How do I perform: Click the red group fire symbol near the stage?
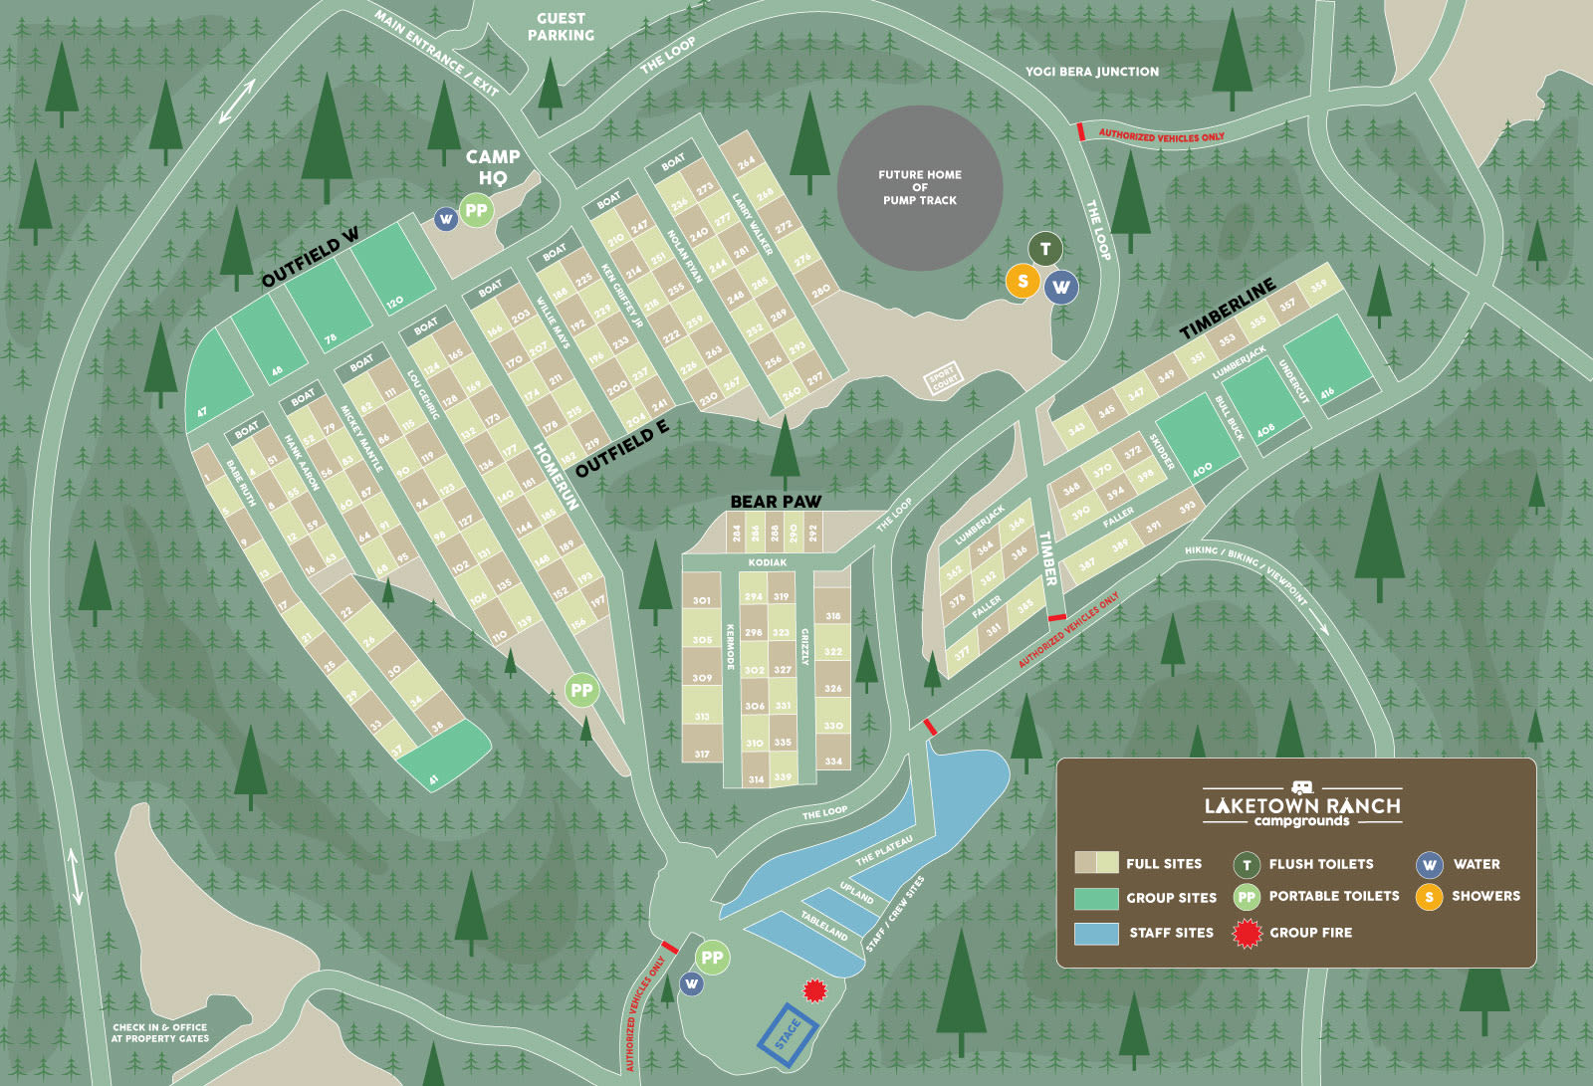815,989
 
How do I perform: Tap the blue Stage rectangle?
788,1035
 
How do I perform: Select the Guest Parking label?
561,27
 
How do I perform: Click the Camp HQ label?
493,166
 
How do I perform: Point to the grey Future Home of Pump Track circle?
919,188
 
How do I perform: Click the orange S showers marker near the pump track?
1023,282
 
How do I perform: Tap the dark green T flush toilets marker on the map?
1044,249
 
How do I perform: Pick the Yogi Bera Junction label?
1092,72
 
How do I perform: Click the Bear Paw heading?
776,502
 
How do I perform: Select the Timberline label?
1227,309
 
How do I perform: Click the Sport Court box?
944,378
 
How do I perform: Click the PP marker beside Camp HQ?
477,210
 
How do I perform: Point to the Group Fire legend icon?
1248,933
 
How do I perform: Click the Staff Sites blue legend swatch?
1096,933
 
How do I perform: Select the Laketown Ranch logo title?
1301,806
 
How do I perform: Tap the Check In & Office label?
160,1032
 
